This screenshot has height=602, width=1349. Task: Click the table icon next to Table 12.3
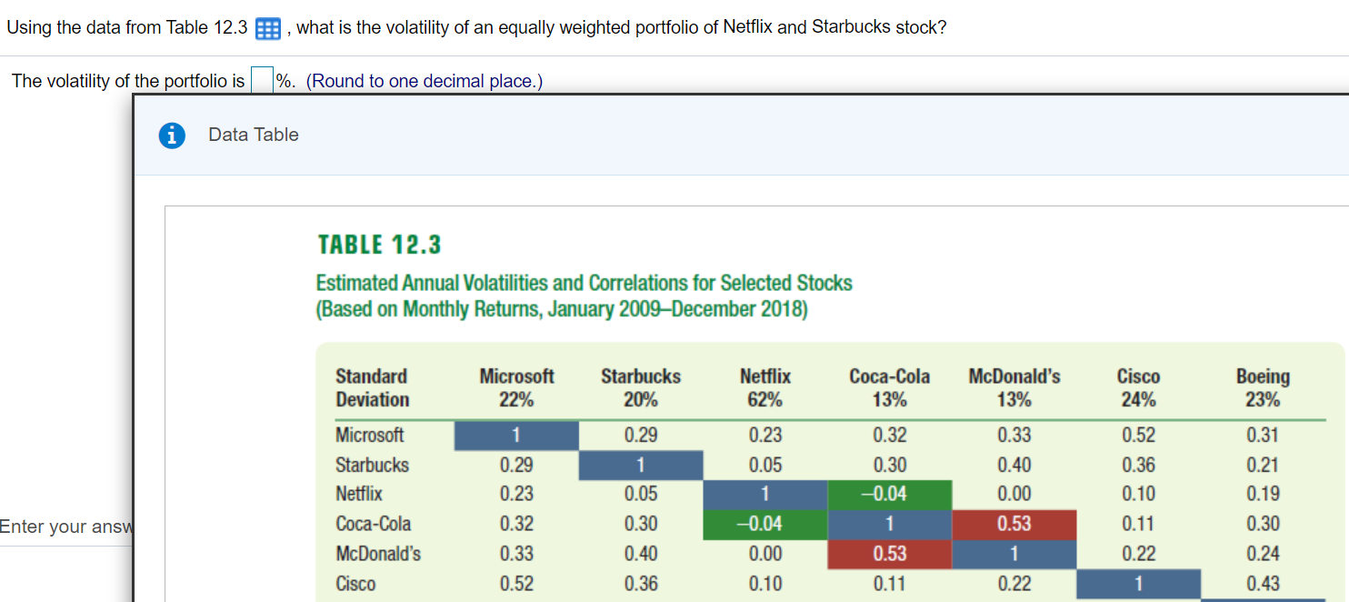[267, 28]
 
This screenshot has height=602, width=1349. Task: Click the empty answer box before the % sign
[262, 81]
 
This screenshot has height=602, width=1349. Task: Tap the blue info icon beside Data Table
[170, 135]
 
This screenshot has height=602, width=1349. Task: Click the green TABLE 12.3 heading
[379, 245]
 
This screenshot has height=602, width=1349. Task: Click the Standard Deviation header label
[373, 388]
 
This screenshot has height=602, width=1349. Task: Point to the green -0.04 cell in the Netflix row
[889, 494]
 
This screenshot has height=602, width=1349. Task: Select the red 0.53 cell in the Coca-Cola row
[1014, 524]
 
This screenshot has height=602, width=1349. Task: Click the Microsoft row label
[370, 435]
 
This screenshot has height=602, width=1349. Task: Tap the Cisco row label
[356, 584]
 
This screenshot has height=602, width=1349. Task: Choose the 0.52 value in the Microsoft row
[1138, 435]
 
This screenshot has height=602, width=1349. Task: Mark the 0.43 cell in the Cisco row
[1263, 584]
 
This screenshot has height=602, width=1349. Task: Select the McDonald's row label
[378, 554]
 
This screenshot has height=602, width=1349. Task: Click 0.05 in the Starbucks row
[764, 465]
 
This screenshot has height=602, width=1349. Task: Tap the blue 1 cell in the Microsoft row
[516, 435]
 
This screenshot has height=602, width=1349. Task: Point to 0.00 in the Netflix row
[1014, 494]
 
